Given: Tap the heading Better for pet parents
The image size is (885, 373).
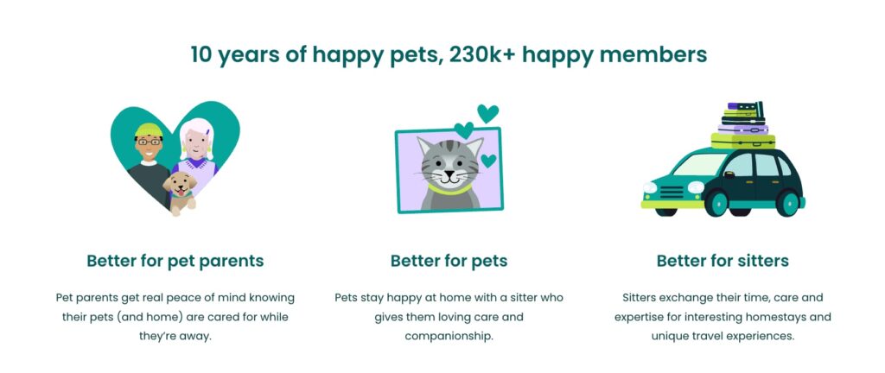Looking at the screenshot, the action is [175, 262].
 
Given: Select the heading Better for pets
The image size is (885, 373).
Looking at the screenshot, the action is [449, 262].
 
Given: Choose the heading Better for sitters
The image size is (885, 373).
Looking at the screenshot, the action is [723, 262].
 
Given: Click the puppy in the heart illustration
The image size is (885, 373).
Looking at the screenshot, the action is [181, 192].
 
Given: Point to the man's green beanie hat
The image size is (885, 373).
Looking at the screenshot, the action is [149, 130].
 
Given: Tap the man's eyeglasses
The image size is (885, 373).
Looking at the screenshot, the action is [149, 142].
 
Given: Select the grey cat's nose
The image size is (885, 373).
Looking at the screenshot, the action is [449, 172].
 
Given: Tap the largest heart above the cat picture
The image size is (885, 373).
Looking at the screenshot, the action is [487, 113].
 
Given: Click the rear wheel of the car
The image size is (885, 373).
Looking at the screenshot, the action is [787, 203].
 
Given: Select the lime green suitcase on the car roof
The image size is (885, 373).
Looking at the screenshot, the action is [742, 141].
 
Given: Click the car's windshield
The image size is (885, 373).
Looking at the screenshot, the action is [700, 165].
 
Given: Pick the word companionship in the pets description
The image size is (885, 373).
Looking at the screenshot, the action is [449, 337].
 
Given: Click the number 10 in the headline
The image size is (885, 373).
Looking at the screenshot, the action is [201, 55].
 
